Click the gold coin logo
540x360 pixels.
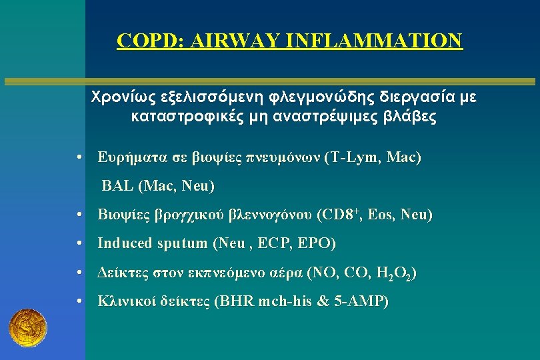pyautogui.click(x=27, y=327)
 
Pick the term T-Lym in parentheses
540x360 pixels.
pyautogui.click(x=351, y=158)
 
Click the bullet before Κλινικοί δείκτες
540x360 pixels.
pyautogui.click(x=79, y=301)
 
